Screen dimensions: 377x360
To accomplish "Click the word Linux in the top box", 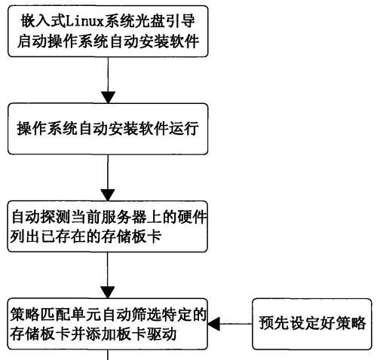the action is click(x=84, y=21).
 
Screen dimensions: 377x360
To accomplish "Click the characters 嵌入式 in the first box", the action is click(x=43, y=21).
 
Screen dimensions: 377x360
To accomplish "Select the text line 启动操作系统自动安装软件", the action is click(x=108, y=41).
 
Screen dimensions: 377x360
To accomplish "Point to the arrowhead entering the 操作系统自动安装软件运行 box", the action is click(x=108, y=97).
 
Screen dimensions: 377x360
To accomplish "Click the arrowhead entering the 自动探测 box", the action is click(x=108, y=195).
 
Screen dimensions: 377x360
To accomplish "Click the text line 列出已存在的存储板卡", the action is click(x=85, y=236).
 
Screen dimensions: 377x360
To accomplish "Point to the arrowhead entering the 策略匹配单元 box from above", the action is click(x=108, y=292).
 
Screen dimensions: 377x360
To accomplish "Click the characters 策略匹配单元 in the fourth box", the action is click(x=56, y=315).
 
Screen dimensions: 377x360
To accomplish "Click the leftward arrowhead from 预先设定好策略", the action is click(x=214, y=324).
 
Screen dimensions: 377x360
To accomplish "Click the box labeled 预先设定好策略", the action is click(x=312, y=324).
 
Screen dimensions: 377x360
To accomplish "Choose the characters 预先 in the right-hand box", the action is click(x=274, y=323).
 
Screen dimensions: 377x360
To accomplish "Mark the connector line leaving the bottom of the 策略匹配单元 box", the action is click(x=108, y=355).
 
